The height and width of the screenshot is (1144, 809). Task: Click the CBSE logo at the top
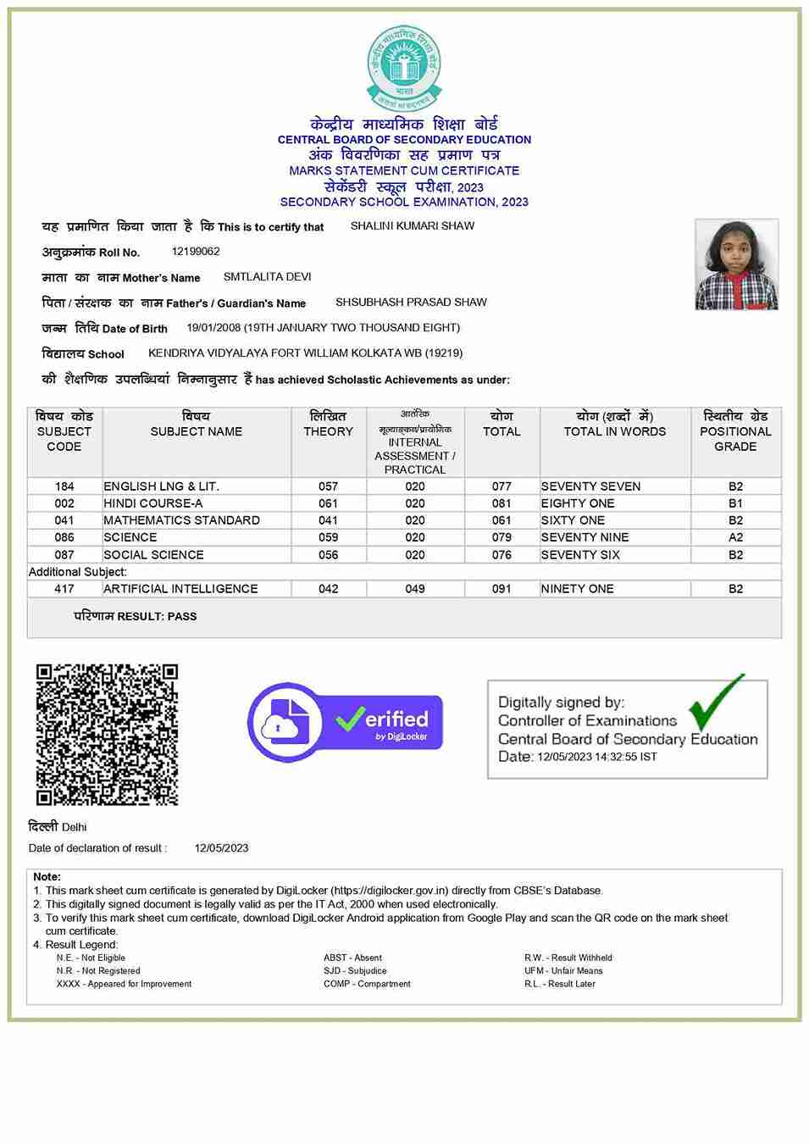click(x=404, y=68)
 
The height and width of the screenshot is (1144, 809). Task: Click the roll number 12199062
click(x=196, y=252)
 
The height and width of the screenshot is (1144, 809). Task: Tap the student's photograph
click(x=735, y=264)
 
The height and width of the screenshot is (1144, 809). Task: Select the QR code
click(x=107, y=734)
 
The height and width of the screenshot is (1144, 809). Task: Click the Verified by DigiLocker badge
click(x=345, y=723)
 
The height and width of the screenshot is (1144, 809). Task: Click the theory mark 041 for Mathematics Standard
click(x=328, y=520)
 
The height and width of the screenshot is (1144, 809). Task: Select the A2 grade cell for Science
click(x=735, y=537)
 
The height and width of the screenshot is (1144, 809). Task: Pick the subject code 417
click(x=64, y=589)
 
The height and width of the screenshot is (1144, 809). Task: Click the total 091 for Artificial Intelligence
click(x=501, y=589)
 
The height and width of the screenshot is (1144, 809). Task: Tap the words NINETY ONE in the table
click(x=577, y=589)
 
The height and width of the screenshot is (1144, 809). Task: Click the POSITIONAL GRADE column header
click(x=735, y=431)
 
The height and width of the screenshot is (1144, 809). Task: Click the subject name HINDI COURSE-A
click(x=153, y=503)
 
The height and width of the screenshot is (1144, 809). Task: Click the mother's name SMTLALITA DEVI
click(x=267, y=277)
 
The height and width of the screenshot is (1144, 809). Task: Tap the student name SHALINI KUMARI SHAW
click(x=412, y=226)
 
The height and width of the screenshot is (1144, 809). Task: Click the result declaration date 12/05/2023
click(x=221, y=848)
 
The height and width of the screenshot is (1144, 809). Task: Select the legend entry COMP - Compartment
click(x=367, y=984)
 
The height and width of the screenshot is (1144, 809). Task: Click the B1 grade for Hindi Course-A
click(x=735, y=503)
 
